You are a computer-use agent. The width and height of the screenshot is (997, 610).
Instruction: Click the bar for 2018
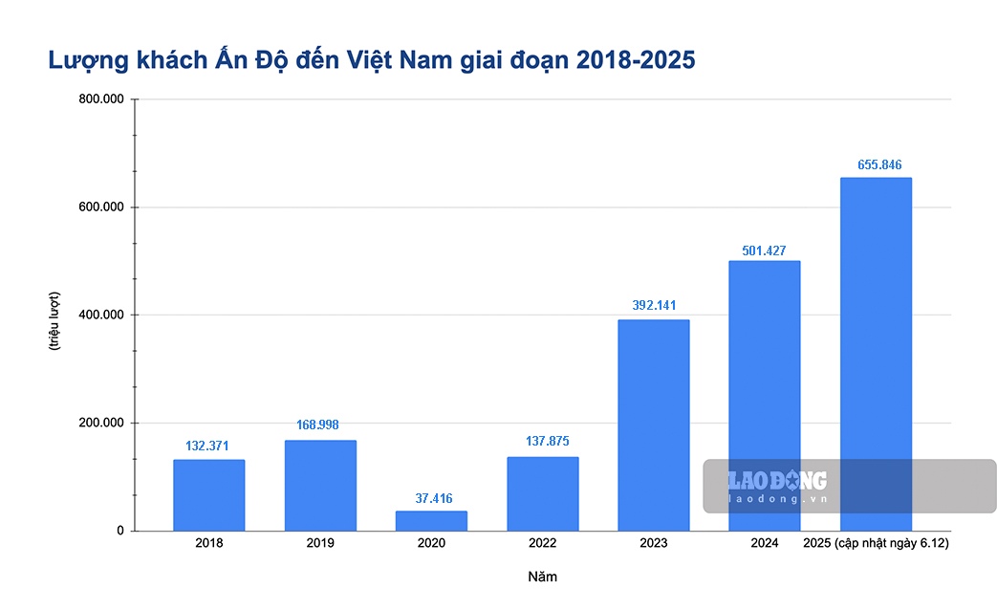(208, 495)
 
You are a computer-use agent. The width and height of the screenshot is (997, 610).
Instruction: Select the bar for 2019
(320, 486)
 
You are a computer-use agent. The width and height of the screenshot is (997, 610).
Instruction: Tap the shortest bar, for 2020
(431, 521)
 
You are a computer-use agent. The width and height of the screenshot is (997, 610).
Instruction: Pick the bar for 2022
(542, 493)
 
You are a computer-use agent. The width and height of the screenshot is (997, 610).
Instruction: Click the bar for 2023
(653, 425)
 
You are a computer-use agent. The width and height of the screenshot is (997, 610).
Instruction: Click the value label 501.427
(764, 251)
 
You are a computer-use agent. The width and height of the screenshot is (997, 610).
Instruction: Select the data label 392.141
(654, 305)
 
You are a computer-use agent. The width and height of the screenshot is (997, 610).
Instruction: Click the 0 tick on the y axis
(120, 531)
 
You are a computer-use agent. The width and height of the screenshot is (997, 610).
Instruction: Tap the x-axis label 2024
(764, 543)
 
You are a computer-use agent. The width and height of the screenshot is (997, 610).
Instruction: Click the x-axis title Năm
(542, 577)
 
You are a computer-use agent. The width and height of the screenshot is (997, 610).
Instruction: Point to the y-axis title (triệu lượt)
(54, 319)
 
